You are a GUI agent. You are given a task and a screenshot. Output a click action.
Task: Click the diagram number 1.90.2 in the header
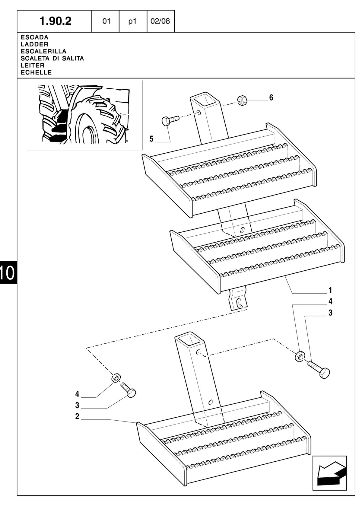tap(55, 21)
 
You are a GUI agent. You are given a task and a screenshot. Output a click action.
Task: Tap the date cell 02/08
tap(160, 21)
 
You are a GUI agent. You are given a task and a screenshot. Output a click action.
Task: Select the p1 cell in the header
tap(132, 21)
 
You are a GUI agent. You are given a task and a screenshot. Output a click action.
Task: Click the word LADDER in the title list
tap(34, 44)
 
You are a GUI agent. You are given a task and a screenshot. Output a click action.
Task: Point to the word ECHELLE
tap(36, 72)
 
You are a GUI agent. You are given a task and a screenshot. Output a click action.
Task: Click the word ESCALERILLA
tap(43, 51)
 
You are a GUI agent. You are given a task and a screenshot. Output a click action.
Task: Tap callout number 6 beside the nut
tap(271, 98)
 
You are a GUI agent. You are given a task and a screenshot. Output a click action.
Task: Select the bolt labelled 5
tap(170, 120)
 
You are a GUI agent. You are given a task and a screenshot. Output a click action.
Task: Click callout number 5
tap(151, 139)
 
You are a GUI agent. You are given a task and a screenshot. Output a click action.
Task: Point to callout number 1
tap(330, 290)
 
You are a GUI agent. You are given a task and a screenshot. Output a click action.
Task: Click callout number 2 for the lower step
tap(77, 416)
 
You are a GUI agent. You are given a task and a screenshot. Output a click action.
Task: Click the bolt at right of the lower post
tap(319, 369)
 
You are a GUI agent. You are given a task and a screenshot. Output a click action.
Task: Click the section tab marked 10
tap(7, 272)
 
